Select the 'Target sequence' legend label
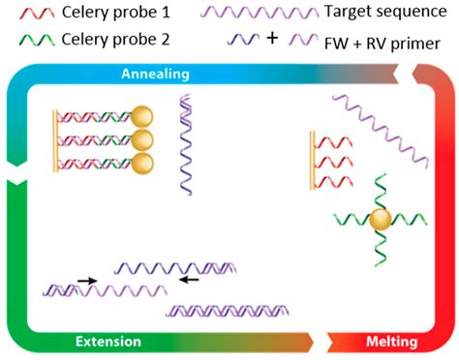[377, 13]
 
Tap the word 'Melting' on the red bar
[391, 342]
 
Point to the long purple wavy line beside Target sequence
[256, 14]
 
